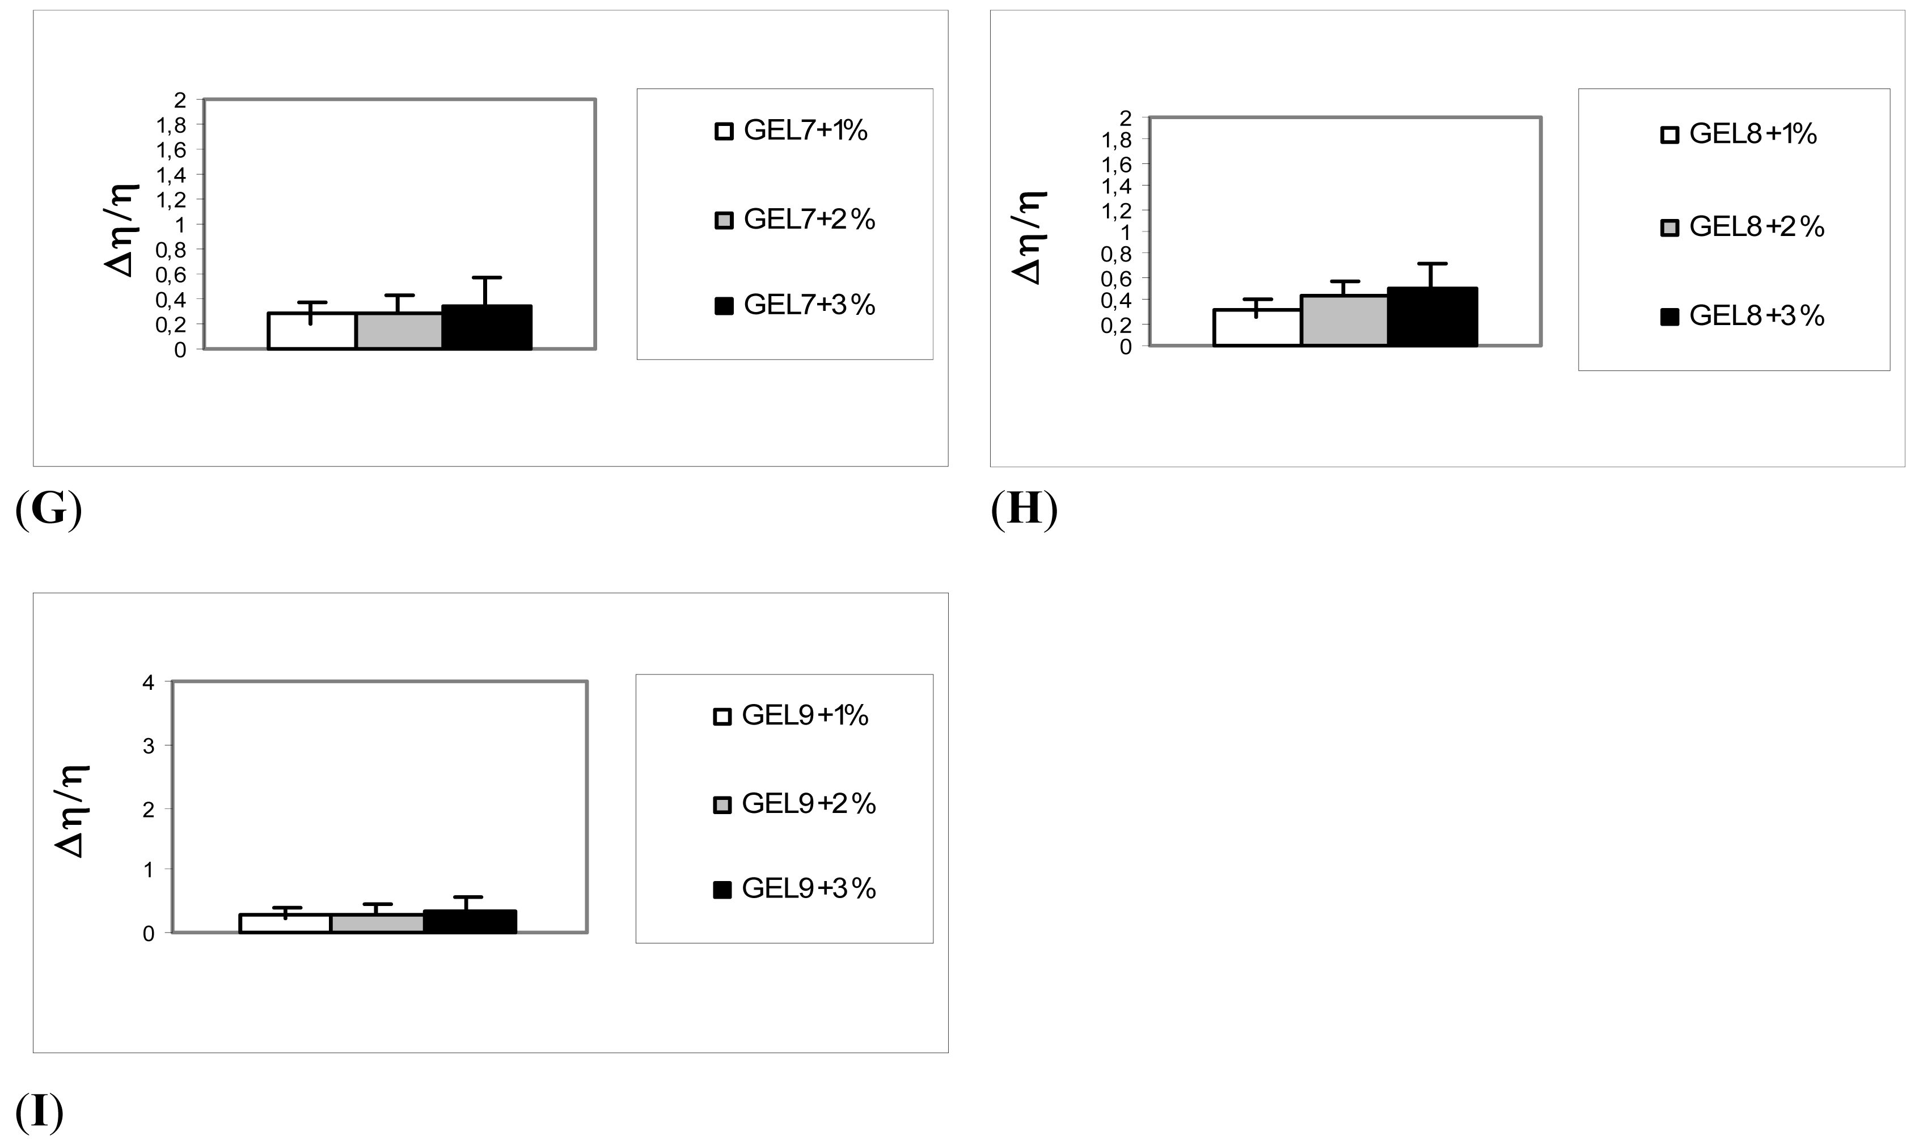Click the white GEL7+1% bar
click(311, 332)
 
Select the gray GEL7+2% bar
click(399, 332)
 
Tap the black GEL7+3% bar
click(487, 328)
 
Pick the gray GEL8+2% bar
click(1343, 321)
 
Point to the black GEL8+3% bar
click(1432, 317)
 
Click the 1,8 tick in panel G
click(171, 125)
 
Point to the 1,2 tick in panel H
click(1116, 209)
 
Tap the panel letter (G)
click(48, 509)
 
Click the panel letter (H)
click(1024, 509)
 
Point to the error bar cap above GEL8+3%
click(1431, 264)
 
